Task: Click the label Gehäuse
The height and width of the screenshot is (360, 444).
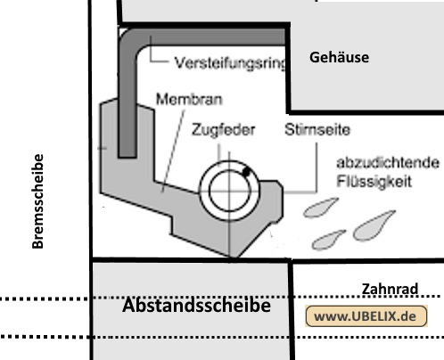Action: click(x=339, y=57)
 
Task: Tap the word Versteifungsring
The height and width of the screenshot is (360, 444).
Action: click(x=231, y=63)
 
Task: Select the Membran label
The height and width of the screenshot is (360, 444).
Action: click(x=189, y=99)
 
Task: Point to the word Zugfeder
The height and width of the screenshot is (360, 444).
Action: click(x=224, y=130)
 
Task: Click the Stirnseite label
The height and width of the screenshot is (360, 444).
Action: click(x=317, y=129)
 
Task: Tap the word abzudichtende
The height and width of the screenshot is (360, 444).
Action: click(x=388, y=162)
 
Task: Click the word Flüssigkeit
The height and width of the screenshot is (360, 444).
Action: click(x=374, y=181)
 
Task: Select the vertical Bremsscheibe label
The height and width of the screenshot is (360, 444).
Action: click(x=38, y=201)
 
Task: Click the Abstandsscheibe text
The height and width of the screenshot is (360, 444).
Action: click(x=196, y=306)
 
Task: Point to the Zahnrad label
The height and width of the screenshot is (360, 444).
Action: click(x=390, y=289)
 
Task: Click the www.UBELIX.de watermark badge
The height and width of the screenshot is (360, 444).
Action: click(x=366, y=316)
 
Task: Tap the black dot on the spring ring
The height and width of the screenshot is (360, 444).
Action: click(x=246, y=171)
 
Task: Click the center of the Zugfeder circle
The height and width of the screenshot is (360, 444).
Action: click(x=229, y=191)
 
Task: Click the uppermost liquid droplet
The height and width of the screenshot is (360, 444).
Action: click(x=319, y=208)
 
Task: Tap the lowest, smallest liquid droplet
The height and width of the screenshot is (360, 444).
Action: click(x=327, y=241)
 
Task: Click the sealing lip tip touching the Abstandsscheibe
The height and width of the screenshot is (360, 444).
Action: click(x=232, y=257)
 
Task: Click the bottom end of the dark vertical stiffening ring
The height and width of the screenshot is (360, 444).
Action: click(x=127, y=157)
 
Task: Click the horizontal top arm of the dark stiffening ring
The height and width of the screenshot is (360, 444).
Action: click(x=211, y=37)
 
